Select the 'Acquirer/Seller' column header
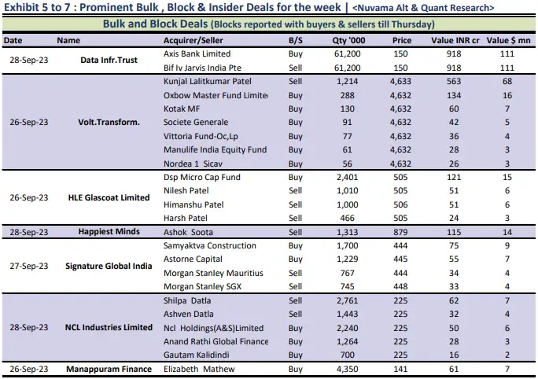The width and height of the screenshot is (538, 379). (194, 39)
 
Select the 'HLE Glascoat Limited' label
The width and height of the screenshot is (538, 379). (109, 197)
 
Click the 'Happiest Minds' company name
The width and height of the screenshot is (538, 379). (109, 232)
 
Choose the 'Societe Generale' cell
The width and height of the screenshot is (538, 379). (196, 122)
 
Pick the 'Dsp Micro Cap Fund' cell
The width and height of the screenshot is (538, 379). (201, 177)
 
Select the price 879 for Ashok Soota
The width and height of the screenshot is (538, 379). (402, 232)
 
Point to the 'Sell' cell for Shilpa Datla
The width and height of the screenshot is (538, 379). (296, 300)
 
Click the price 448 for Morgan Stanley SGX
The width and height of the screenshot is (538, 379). (402, 286)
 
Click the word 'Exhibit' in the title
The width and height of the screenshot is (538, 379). (21, 7)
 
